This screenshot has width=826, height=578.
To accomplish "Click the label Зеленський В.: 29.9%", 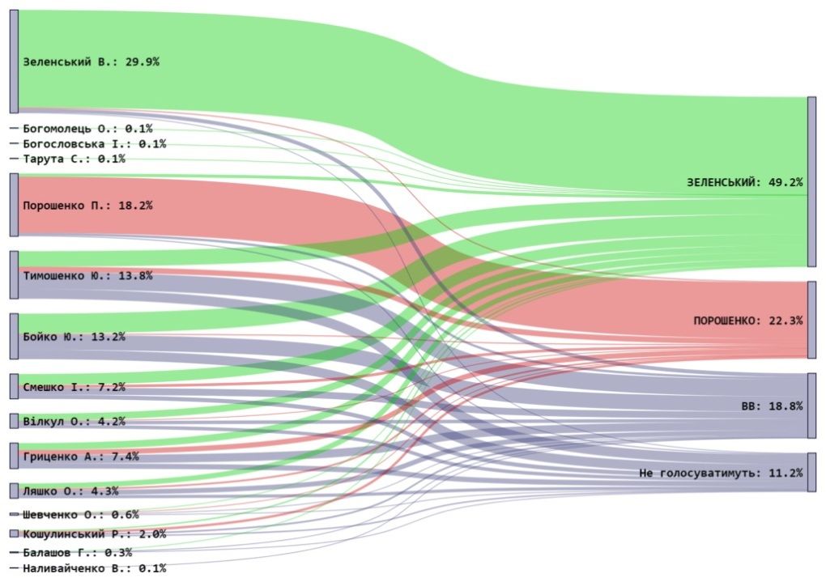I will tap(91, 62).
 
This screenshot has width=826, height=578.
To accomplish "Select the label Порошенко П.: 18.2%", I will tap(87, 205).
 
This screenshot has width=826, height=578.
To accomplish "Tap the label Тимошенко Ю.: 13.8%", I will tap(87, 275).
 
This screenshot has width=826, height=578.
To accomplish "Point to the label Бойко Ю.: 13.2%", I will tap(74, 337).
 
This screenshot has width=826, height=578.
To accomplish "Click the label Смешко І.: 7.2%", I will tap(74, 387).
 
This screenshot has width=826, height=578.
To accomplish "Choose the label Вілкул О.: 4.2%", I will tap(74, 421).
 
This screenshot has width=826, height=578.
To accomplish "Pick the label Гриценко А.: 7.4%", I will tap(81, 457).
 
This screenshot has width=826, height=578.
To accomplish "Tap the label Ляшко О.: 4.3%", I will tap(70, 491).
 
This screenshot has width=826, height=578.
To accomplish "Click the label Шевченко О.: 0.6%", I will tap(81, 515).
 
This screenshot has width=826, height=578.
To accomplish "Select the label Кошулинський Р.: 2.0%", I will tap(94, 534).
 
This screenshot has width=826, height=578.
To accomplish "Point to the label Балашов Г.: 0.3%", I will tap(77, 553).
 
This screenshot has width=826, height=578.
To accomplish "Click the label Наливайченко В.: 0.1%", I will tap(94, 568).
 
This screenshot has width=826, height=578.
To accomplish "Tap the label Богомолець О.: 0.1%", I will tap(87, 128).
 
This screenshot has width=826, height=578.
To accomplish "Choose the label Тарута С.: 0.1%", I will tap(74, 159).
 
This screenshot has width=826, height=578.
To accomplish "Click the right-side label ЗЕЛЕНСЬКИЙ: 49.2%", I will tap(744, 182).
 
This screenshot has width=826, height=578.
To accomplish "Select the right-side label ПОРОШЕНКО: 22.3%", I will tap(747, 321).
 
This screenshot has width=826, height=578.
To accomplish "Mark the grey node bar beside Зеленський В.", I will tap(13, 62).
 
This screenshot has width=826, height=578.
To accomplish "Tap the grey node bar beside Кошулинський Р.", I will tap(13, 534).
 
